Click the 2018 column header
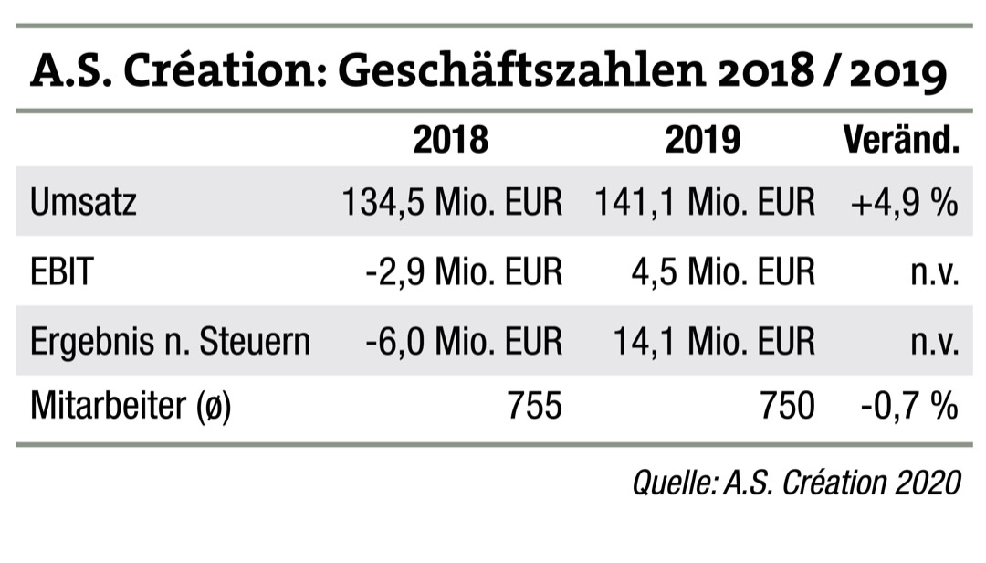[451, 140]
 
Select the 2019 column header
[702, 140]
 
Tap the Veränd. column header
[900, 140]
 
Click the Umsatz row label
[83, 202]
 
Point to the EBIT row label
[61, 271]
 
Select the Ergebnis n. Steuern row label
[170, 341]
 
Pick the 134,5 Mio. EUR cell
[452, 202]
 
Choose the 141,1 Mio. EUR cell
[704, 202]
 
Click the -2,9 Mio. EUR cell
[463, 271]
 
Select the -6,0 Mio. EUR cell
[463, 341]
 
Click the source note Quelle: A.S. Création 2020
[796, 481]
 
